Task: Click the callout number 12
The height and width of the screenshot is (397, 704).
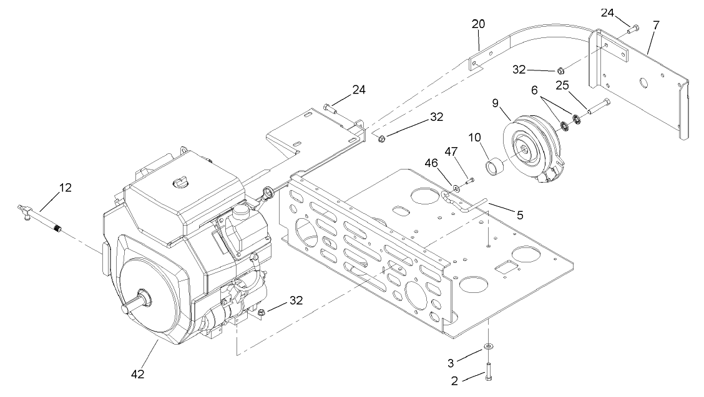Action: click(66, 187)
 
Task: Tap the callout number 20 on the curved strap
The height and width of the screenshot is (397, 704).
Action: click(478, 24)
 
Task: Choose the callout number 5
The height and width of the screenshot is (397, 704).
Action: click(519, 215)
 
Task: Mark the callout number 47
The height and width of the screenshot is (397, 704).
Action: click(451, 151)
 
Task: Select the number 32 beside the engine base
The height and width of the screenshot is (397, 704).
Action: click(297, 300)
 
